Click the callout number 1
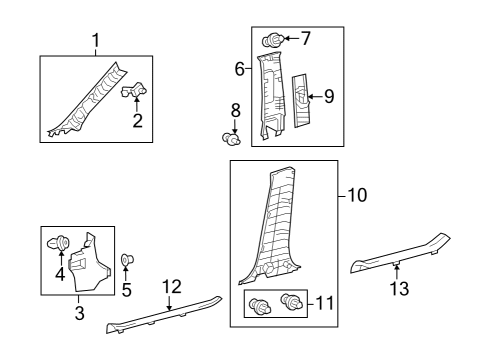pyautogui.click(x=96, y=41)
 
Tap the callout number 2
pyautogui.click(x=137, y=122)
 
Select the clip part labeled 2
pyautogui.click(x=134, y=92)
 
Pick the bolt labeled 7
pyautogui.click(x=270, y=41)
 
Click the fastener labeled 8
pyautogui.click(x=231, y=139)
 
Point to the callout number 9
pyautogui.click(x=329, y=97)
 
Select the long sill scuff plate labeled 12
pyautogui.click(x=165, y=318)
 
